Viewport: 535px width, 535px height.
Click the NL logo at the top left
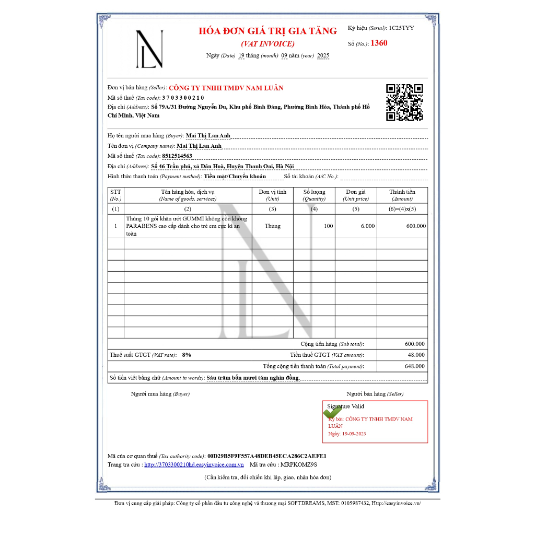(x=149, y=49)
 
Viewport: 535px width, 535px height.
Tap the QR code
(x=404, y=102)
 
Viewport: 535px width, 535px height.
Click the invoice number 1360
(x=379, y=43)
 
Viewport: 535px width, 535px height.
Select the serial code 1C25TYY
(x=401, y=28)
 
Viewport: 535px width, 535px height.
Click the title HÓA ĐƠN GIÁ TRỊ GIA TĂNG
(x=267, y=31)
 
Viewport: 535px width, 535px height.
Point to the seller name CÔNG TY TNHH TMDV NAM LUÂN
(x=226, y=88)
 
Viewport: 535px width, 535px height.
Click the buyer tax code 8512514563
(x=177, y=156)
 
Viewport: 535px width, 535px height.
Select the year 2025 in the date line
(x=323, y=56)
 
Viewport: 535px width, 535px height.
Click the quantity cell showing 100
(x=328, y=226)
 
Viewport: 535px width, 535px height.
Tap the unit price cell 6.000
(x=367, y=226)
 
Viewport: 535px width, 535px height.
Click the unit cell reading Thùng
(x=272, y=226)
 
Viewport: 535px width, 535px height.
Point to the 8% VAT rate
(x=187, y=355)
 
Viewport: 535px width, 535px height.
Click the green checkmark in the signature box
(x=332, y=412)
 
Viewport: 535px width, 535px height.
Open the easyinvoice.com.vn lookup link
(x=194, y=464)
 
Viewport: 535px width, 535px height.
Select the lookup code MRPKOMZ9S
(x=299, y=464)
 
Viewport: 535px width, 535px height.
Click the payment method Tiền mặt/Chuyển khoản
(x=235, y=177)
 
